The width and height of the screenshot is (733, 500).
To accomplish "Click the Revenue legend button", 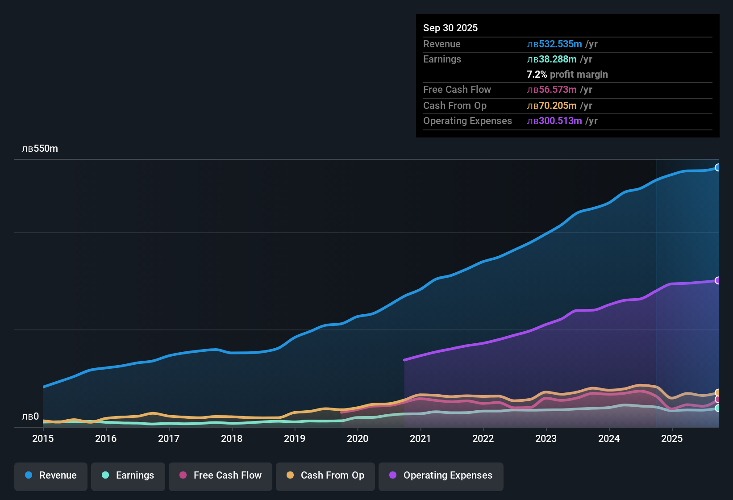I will point(51,475).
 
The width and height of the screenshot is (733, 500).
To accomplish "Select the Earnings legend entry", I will point(128,475).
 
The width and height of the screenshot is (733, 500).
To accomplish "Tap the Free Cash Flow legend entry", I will point(221,475).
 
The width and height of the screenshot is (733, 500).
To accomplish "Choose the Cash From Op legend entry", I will point(325,475).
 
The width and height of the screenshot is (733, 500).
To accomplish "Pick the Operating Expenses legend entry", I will point(441,475).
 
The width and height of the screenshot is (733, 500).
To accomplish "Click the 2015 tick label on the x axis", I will point(43,439).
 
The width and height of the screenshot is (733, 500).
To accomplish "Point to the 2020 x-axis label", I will point(358,439).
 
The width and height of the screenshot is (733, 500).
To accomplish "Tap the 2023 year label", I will point(546,439).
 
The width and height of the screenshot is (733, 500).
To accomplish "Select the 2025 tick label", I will point(672,439).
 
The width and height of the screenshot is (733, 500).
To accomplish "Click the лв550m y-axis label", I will point(40,149).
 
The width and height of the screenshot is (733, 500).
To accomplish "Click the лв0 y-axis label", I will point(30,417).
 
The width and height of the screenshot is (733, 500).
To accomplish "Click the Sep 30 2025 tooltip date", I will point(450,28).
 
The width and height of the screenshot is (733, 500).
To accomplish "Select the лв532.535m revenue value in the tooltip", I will point(554,44).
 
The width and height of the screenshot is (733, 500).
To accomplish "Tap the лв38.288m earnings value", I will point(552,59).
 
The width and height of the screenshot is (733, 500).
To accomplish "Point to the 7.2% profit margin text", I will point(567,75).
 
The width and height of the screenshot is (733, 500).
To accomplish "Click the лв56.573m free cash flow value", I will point(552,90).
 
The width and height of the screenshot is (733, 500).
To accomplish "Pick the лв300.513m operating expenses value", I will point(554,121).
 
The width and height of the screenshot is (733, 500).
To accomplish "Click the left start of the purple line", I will point(404,360).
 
